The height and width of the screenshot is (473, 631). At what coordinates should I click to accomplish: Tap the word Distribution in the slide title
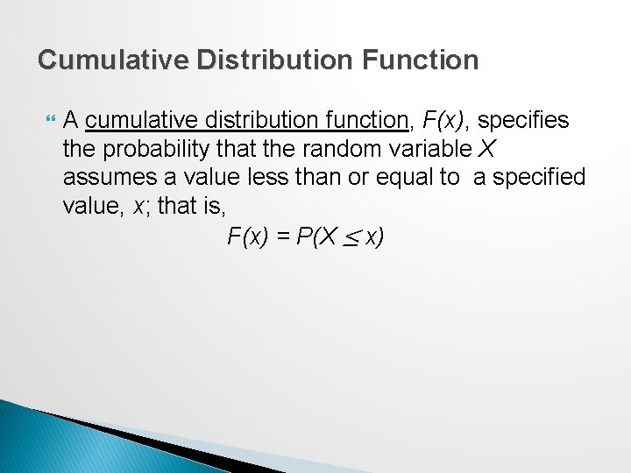251,60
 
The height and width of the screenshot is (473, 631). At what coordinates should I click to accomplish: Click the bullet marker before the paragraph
48,119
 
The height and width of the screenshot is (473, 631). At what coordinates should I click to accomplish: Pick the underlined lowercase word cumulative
135,119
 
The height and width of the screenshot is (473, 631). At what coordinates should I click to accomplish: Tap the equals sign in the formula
282,236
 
